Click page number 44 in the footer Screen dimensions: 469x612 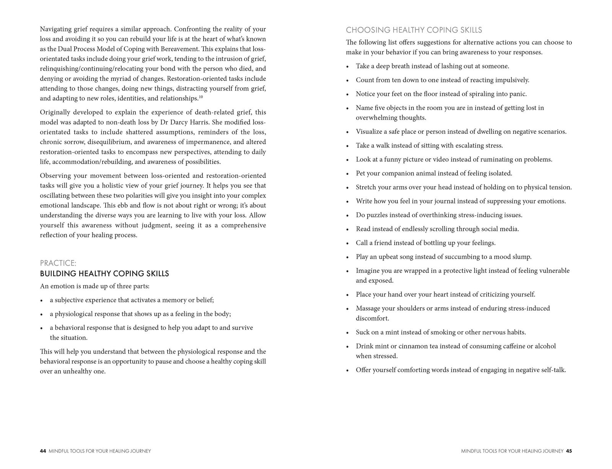[x=42, y=451]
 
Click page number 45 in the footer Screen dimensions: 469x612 [x=569, y=451]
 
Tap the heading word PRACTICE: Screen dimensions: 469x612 [x=58, y=263]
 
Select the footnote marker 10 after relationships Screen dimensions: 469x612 [x=201, y=97]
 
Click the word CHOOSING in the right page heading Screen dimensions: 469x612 [x=363, y=30]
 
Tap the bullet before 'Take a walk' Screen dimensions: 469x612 [x=347, y=146]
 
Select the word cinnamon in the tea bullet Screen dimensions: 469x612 [x=414, y=346]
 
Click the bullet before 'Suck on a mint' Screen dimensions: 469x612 [x=347, y=333]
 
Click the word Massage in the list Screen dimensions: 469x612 [x=369, y=308]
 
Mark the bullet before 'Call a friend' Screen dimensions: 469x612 [x=347, y=243]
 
